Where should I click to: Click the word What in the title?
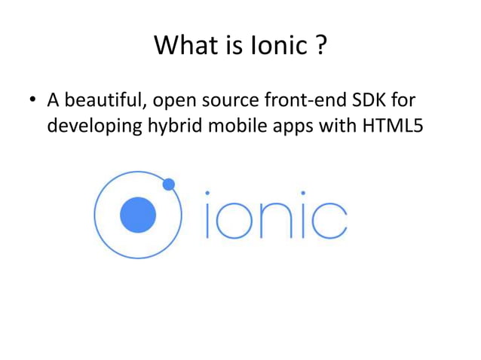coord(184,47)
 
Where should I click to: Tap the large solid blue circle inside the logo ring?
coord(138,215)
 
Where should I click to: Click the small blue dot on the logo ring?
coord(168,184)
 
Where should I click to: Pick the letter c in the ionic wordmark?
coord(328,219)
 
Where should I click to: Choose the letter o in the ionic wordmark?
coord(233,219)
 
